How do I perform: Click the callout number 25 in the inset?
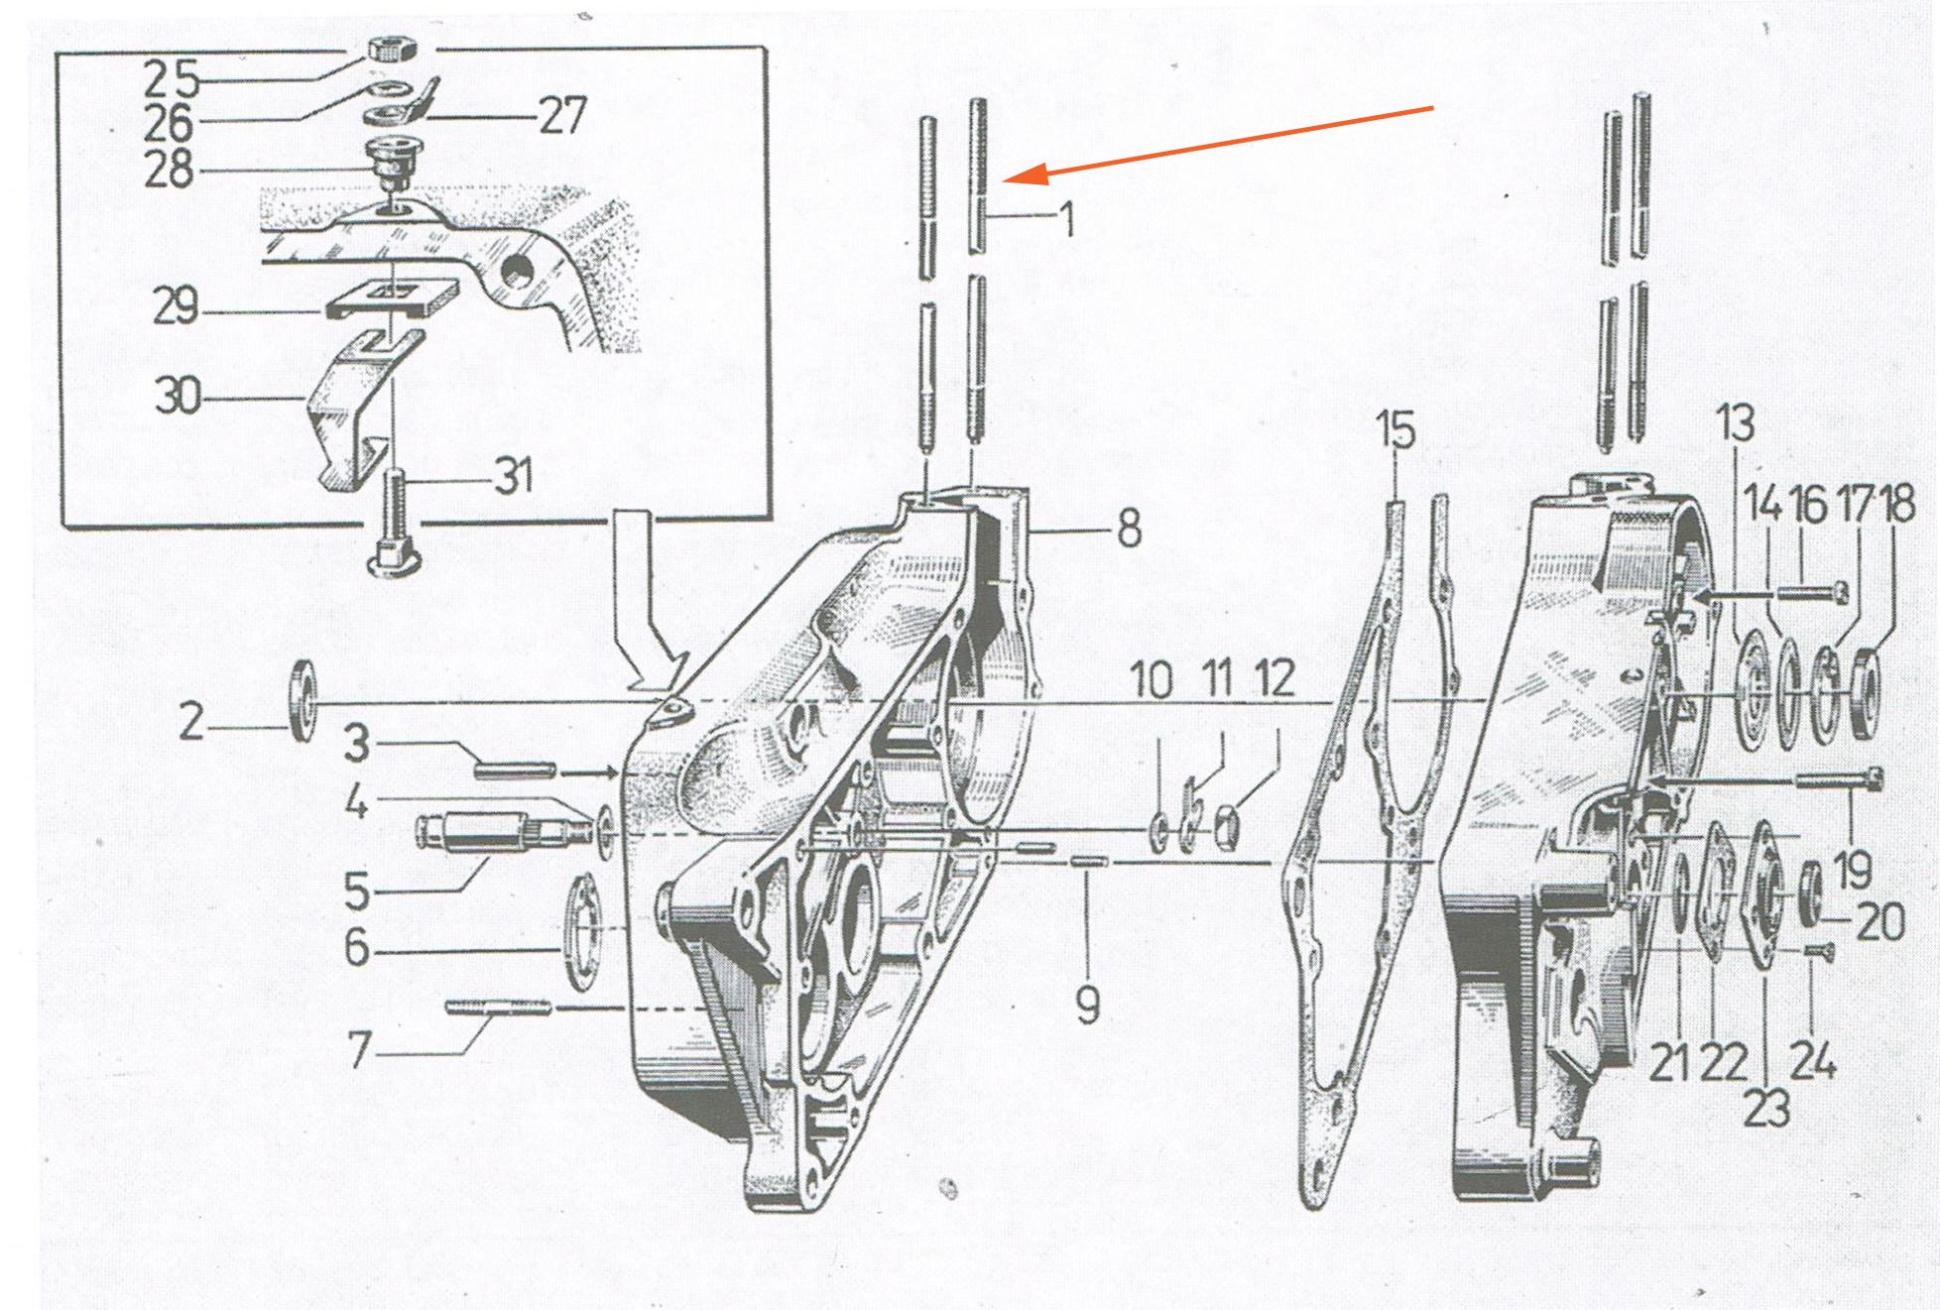172,77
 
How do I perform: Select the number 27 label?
562,115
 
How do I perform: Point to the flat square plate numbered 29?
393,297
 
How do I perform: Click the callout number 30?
178,396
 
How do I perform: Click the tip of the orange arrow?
1004,179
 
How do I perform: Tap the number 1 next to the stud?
1067,219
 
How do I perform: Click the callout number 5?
357,891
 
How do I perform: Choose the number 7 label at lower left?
359,1049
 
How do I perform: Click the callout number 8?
1129,528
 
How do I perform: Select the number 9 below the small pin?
1088,1005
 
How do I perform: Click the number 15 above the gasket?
1395,429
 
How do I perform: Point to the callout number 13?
1735,422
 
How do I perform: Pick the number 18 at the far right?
1897,503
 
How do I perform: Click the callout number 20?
1880,921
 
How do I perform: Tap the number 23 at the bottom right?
1766,1108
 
